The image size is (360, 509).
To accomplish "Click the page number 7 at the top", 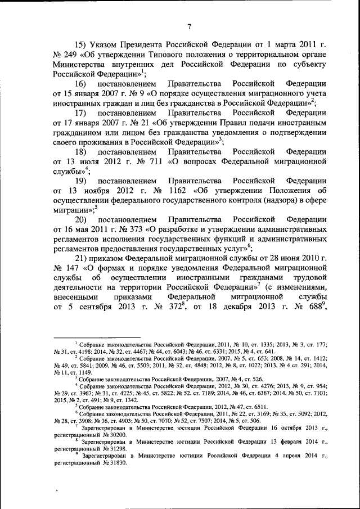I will pos(190,25).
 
